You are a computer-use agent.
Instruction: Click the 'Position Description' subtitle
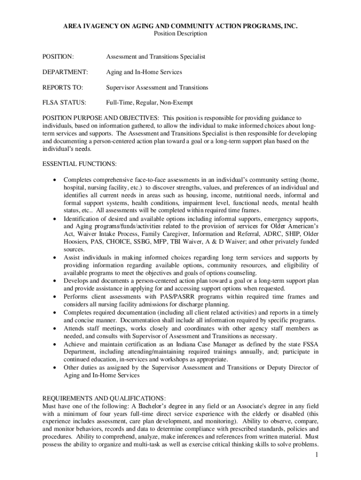point(180,34)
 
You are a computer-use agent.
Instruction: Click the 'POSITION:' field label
point(58,57)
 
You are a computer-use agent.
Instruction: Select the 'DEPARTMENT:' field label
point(65,72)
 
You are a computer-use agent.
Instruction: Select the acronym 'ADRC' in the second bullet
point(268,234)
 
